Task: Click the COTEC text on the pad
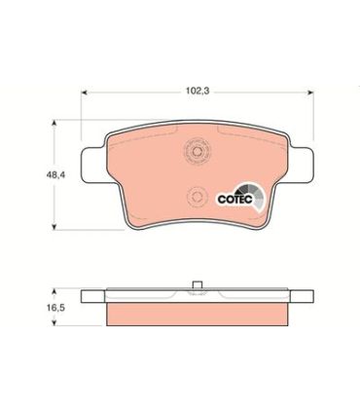pos(234,198)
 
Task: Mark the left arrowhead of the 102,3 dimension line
pos(84,94)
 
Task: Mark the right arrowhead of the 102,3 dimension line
pos(313,94)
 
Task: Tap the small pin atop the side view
pos(198,285)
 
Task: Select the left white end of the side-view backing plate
pos(93,295)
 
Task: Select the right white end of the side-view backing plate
pos(303,295)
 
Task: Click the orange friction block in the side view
pos(198,312)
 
